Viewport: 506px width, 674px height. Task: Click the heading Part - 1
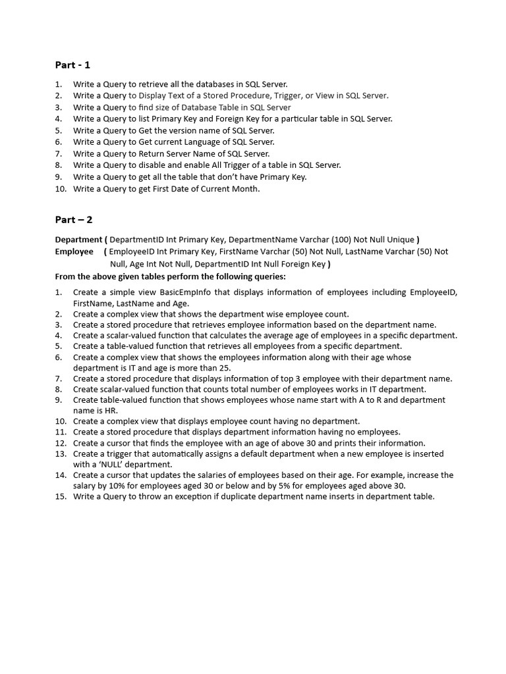[72, 65]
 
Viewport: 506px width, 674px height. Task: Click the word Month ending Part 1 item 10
[246, 189]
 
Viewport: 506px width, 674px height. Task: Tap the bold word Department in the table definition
[78, 240]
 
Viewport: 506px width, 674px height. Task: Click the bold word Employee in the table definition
[74, 251]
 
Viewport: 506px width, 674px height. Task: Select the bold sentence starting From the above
[170, 276]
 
